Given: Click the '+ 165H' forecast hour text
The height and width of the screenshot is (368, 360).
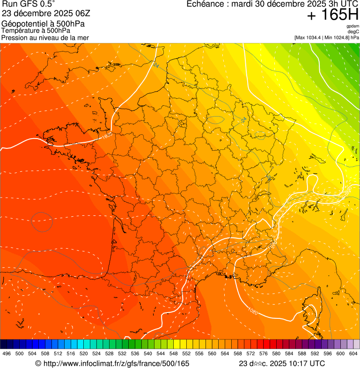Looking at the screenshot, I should [333, 15].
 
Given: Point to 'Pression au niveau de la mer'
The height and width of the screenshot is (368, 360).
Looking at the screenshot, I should [45, 37].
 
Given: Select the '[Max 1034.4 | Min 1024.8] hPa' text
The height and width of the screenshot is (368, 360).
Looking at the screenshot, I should [326, 37].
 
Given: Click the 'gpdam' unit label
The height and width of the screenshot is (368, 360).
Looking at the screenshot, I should [353, 26].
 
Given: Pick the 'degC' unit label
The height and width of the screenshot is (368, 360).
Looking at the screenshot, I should [353, 31].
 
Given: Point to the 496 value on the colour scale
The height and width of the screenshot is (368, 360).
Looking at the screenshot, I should [7, 353].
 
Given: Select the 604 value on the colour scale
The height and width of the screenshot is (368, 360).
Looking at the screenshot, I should [353, 353].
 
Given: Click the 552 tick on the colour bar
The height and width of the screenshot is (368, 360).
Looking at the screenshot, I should [186, 353].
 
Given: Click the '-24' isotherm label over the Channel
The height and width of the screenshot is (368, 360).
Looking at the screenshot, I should [155, 65].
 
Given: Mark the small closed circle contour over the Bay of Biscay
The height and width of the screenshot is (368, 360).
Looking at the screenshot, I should [42, 222].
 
